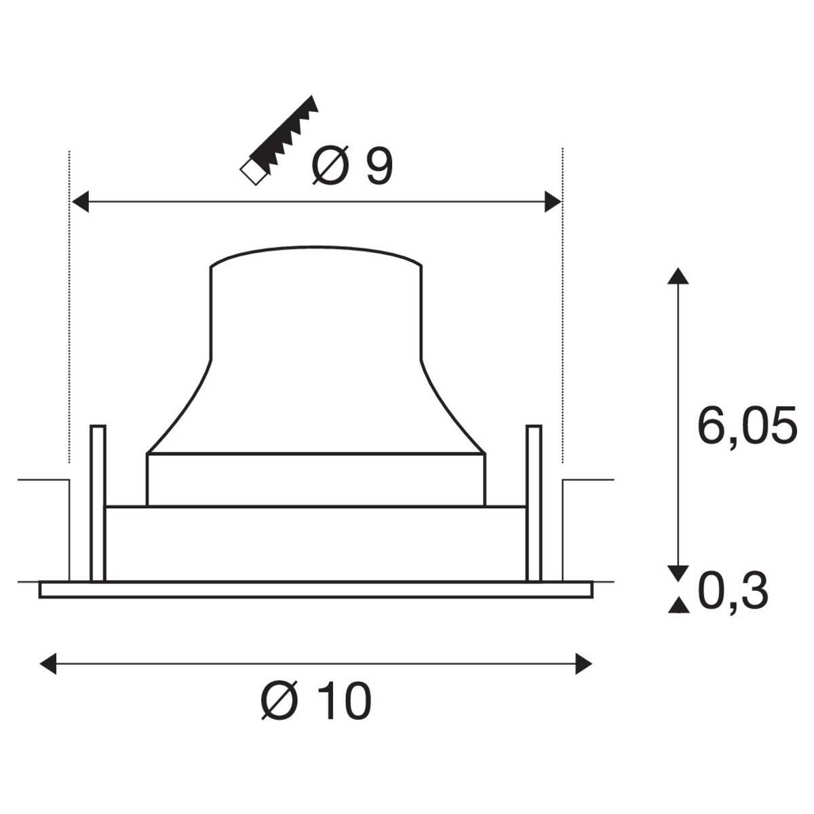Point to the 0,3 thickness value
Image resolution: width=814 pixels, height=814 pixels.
pyautogui.click(x=733, y=592)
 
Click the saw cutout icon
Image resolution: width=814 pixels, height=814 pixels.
pyautogui.click(x=281, y=140)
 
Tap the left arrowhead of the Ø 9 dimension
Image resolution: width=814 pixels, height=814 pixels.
pyautogui.click(x=80, y=201)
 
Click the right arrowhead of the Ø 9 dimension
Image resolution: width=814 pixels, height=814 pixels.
pyautogui.click(x=553, y=201)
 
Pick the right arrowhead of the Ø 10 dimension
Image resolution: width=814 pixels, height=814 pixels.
pyautogui.click(x=583, y=663)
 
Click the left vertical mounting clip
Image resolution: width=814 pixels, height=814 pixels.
pyautogui.click(x=98, y=502)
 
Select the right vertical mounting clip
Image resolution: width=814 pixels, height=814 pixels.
pyautogui.click(x=534, y=502)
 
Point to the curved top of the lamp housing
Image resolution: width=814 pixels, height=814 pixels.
pyautogui.click(x=316, y=250)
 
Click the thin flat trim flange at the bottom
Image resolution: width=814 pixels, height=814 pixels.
pyautogui.click(x=316, y=589)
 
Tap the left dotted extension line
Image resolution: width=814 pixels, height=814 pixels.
pyautogui.click(x=70, y=305)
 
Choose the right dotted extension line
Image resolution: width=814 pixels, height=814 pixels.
pyautogui.click(x=562, y=305)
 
